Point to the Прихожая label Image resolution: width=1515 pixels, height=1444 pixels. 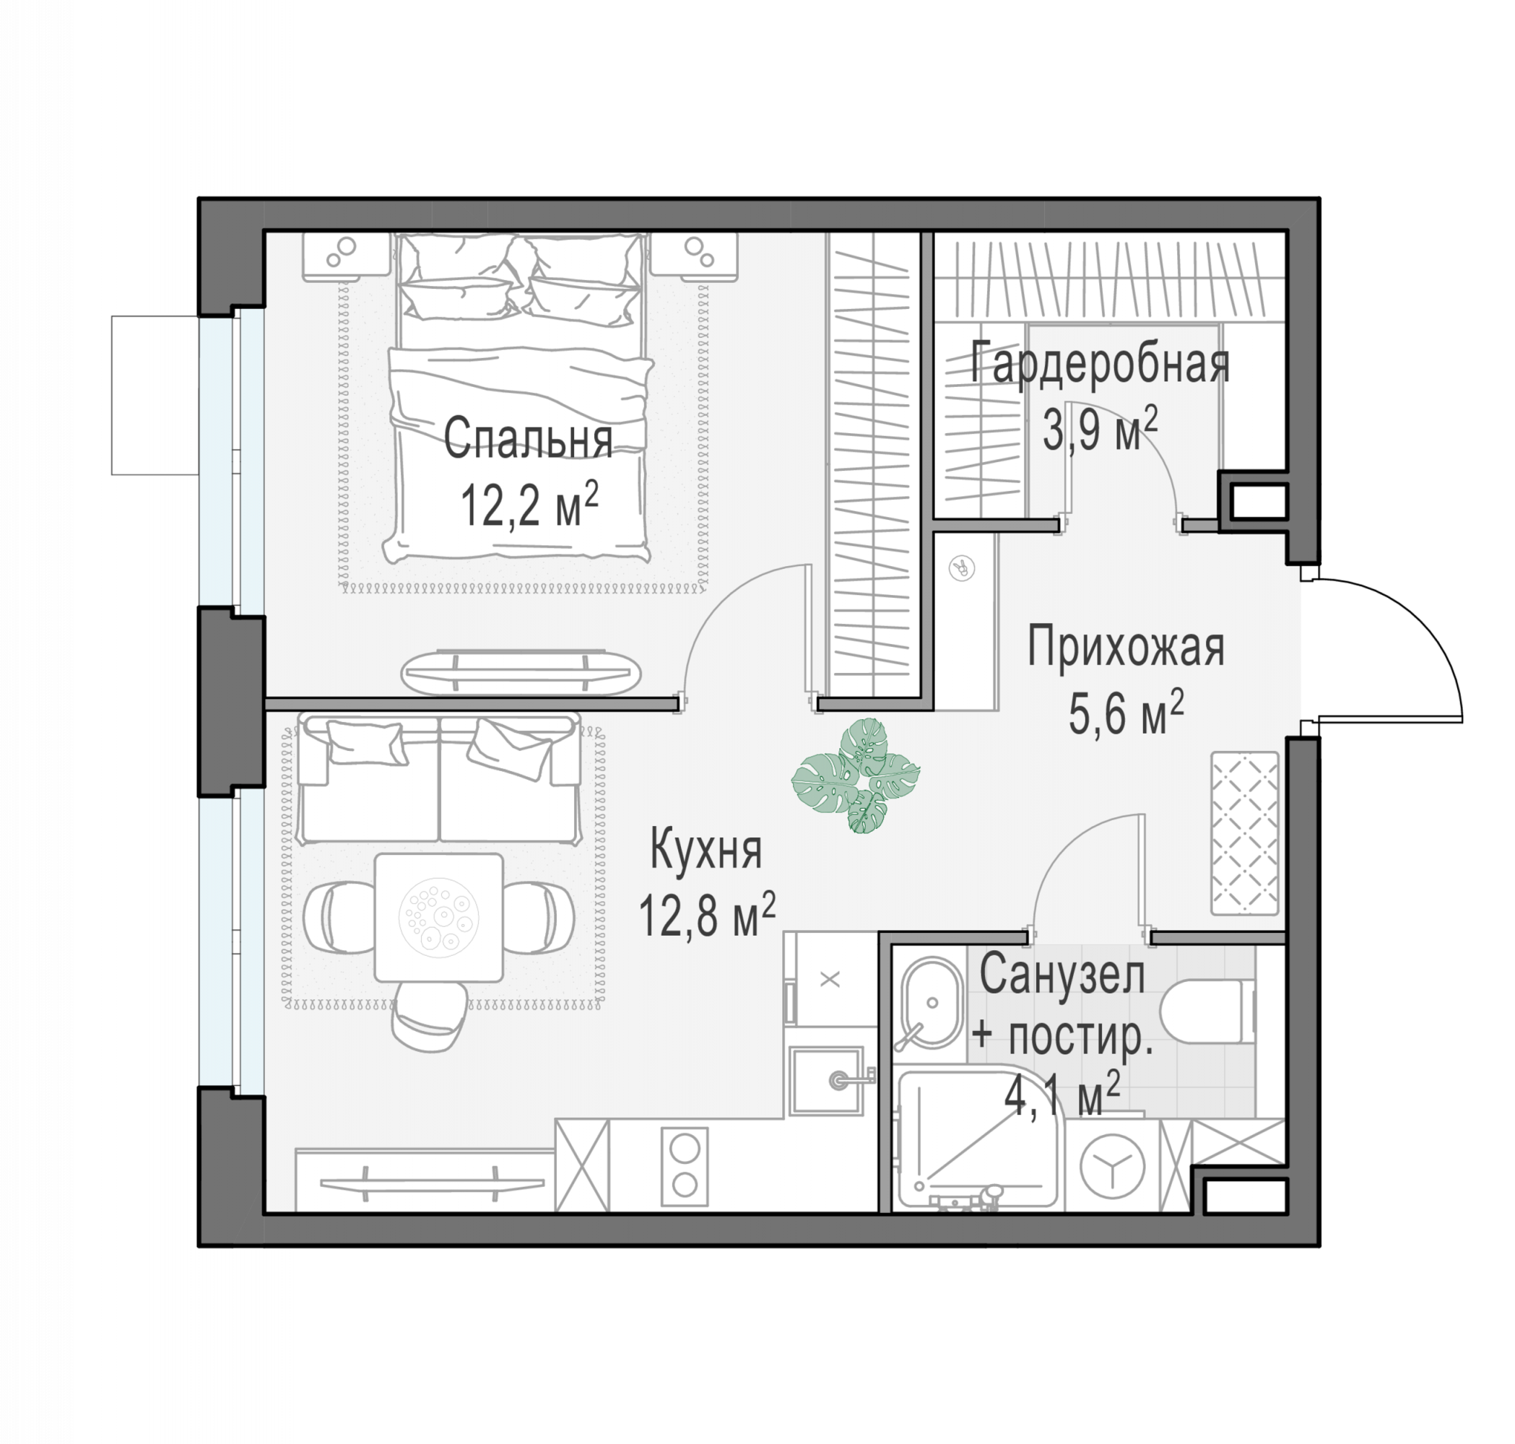point(1126,648)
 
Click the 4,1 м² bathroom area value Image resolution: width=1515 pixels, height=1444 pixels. point(1062,1096)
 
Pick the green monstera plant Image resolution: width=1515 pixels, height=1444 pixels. point(856,775)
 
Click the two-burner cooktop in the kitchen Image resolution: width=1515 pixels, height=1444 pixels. point(685,1167)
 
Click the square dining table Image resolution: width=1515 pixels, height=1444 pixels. point(439,917)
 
